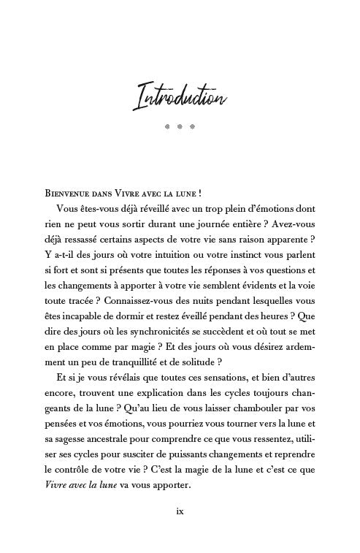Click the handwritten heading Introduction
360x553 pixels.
(180, 96)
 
